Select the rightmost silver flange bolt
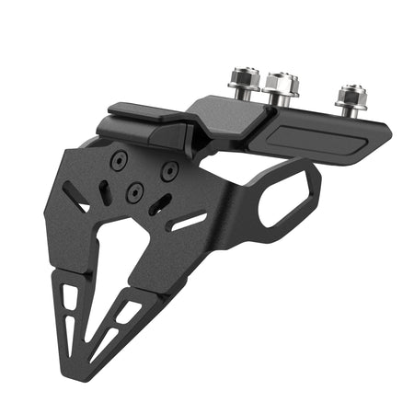pyautogui.click(x=350, y=96)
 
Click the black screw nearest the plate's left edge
pyautogui.click(x=118, y=161)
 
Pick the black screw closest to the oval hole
pyautogui.click(x=170, y=171)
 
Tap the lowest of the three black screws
pyautogui.click(x=135, y=191)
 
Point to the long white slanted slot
pyautogui.click(x=189, y=222)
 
